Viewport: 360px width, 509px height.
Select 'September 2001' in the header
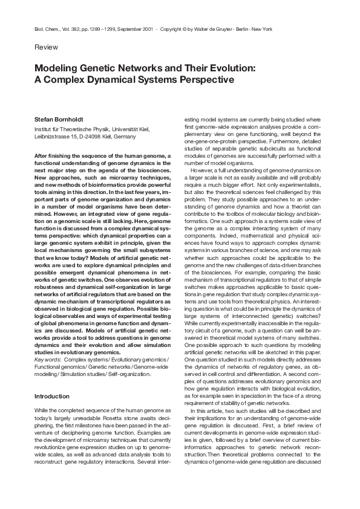pyautogui.click(x=135, y=28)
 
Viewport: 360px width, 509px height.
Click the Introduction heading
pyautogui.click(x=52, y=396)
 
